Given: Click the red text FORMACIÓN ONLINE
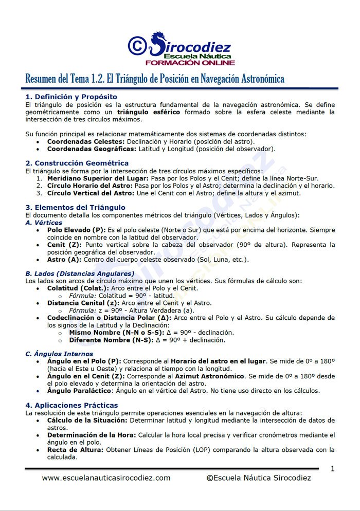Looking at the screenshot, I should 190,63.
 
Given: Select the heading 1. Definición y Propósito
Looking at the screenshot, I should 71,97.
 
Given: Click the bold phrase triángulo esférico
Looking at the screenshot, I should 149,112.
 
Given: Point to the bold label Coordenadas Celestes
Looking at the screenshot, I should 86,141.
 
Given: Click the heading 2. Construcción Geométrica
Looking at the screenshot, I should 77,163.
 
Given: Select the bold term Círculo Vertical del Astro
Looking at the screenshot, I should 91,193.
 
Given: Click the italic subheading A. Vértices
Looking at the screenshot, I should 44,223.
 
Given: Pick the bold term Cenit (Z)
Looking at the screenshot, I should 64,245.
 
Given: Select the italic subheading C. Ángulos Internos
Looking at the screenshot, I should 59,354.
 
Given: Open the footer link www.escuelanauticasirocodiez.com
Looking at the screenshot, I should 106,478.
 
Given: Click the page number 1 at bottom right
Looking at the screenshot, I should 332,468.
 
